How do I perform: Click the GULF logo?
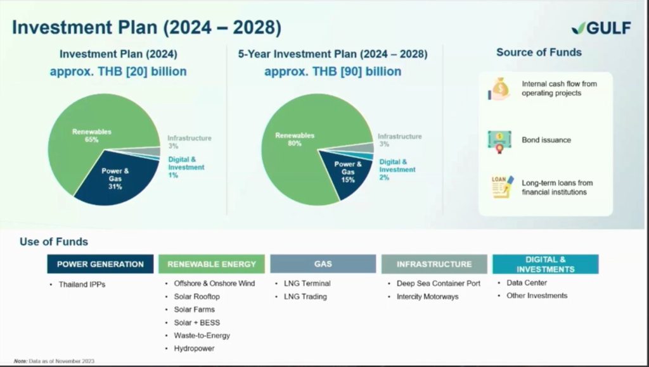point(601,28)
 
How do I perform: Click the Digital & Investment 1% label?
point(186,167)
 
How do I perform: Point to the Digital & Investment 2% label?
point(397,170)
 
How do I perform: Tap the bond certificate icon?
point(499,142)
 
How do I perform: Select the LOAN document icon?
point(503,187)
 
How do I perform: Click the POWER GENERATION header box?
point(100,264)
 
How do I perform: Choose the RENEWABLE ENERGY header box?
point(212,264)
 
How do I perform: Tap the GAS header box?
point(323,264)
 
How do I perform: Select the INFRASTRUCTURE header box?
point(434,264)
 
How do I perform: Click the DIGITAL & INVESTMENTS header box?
point(546,264)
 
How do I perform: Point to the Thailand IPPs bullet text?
point(82,284)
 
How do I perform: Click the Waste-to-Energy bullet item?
point(202,335)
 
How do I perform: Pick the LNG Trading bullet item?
point(305,296)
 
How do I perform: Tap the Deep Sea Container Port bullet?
point(439,283)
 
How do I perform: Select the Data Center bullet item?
point(527,283)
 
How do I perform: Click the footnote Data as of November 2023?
point(54,361)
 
